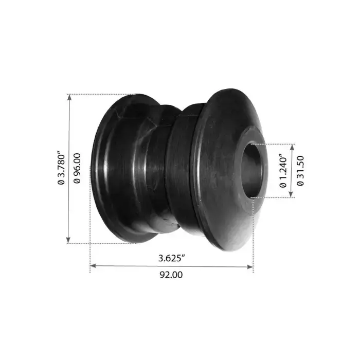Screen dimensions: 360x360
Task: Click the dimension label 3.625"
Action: coord(172,259)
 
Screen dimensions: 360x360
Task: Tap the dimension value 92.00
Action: coord(171,275)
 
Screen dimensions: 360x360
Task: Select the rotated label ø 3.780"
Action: coord(61,168)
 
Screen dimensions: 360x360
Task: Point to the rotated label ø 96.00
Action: coord(77,168)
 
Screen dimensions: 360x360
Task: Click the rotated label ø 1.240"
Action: coord(283,172)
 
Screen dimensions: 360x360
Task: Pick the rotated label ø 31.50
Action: coord(300,171)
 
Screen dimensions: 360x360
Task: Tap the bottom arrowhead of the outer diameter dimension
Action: coord(68,240)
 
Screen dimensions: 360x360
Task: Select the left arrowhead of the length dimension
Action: coord(93,266)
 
